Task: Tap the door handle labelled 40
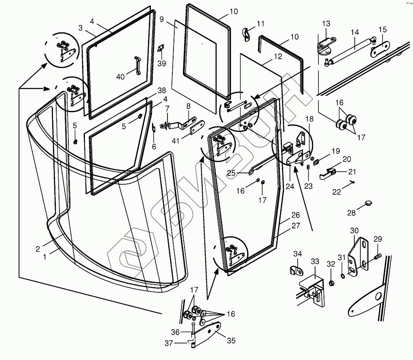point(138,66)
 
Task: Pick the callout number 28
point(351,213)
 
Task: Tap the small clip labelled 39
point(161,49)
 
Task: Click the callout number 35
point(231,341)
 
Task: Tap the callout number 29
point(377,239)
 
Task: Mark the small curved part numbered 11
point(246,34)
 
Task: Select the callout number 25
point(231,173)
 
